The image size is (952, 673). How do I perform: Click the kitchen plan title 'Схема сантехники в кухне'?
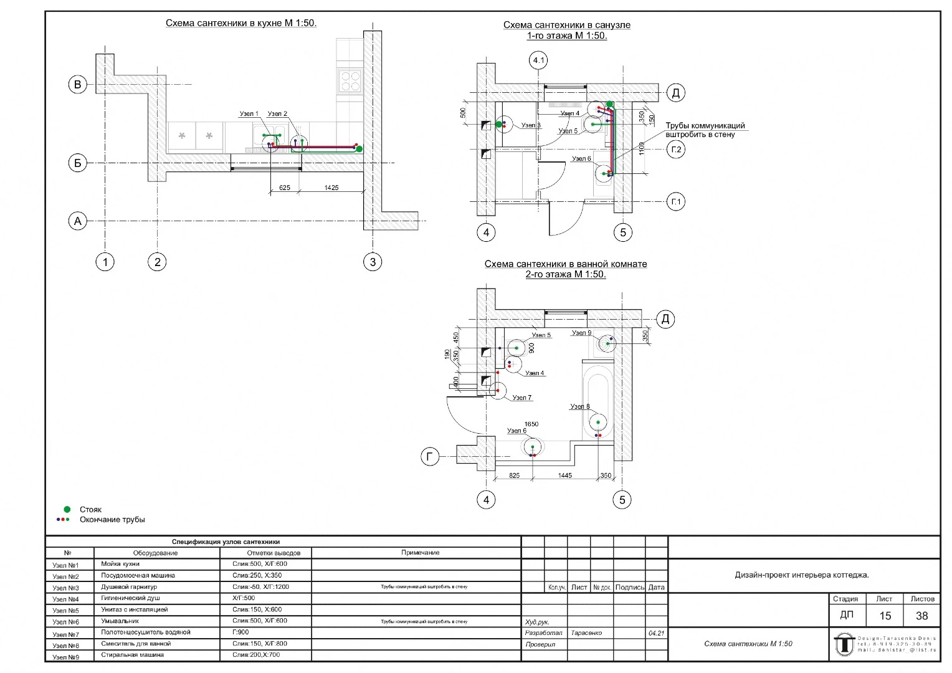[x=240, y=23]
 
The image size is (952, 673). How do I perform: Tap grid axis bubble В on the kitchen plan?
[x=77, y=85]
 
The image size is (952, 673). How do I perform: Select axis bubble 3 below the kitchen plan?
[x=373, y=262]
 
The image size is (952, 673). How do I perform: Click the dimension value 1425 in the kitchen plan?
[x=331, y=188]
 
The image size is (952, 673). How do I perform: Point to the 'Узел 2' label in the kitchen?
[x=277, y=114]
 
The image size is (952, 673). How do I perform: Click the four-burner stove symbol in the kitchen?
[x=350, y=80]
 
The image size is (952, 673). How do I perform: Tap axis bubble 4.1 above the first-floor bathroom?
[x=538, y=60]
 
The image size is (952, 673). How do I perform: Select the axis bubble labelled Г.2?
[x=676, y=150]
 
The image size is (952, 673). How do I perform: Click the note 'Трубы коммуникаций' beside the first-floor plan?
[x=705, y=126]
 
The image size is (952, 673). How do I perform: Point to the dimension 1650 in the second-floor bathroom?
[x=531, y=424]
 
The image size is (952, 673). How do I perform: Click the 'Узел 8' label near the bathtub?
[x=579, y=407]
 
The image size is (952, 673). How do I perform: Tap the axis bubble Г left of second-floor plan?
[x=429, y=457]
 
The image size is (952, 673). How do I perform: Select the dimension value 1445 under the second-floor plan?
[x=564, y=475]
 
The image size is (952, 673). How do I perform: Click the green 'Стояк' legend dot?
[x=67, y=509]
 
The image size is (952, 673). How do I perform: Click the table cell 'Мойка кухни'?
[x=120, y=564]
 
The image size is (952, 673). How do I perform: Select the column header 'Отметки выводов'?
[x=274, y=553]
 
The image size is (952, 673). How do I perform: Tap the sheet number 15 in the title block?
[x=885, y=616]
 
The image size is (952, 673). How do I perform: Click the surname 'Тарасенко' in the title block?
[x=586, y=633]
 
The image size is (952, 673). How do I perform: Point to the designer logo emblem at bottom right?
[x=844, y=644]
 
